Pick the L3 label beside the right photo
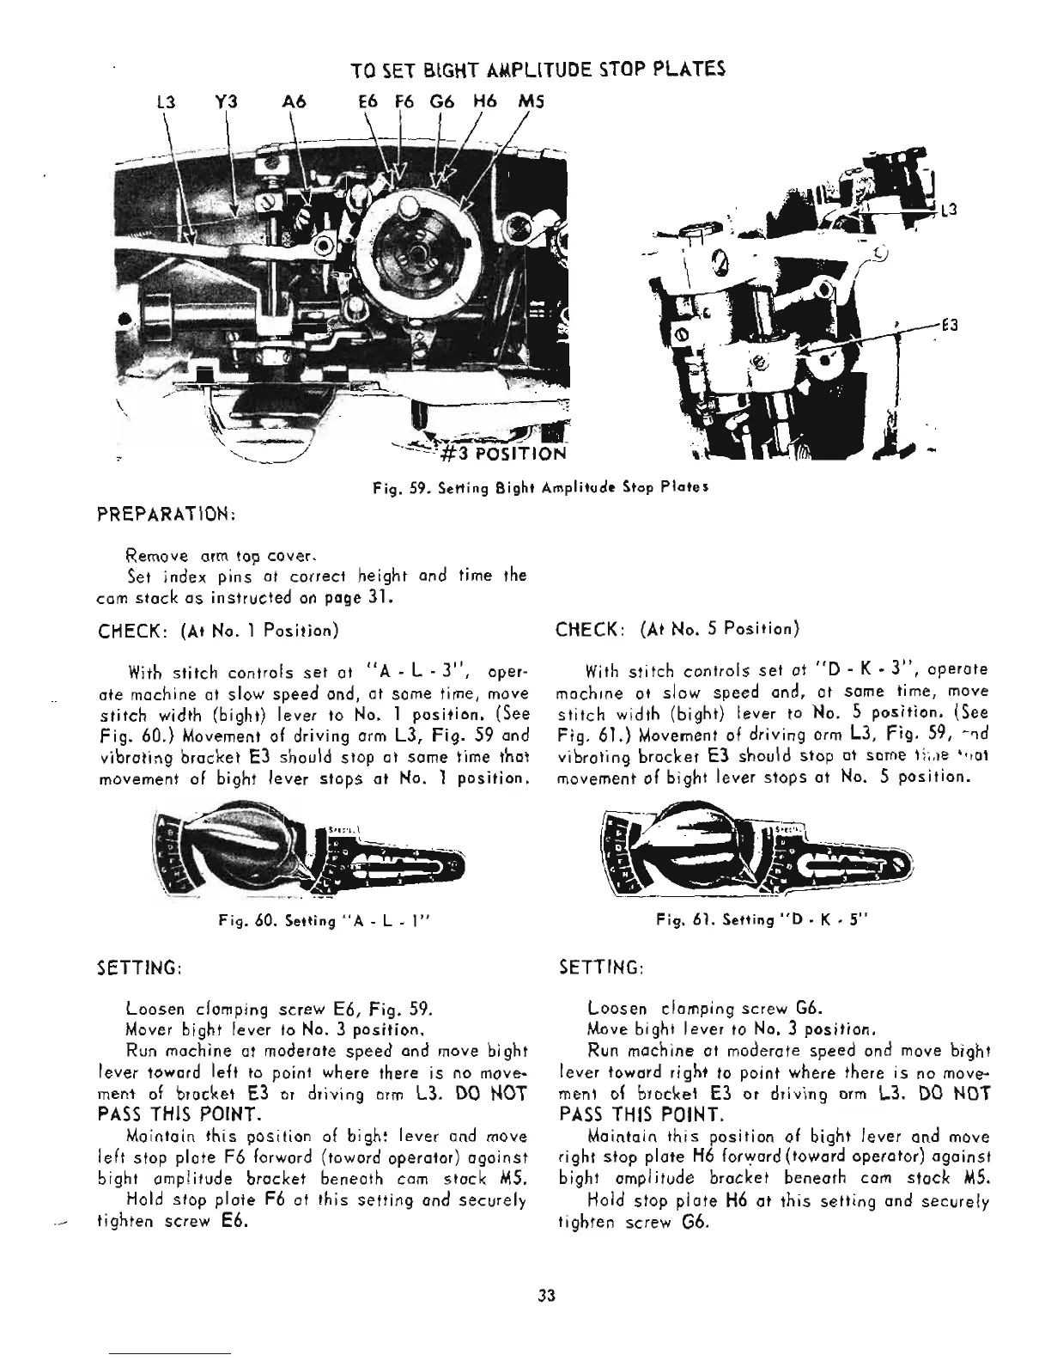click(x=945, y=210)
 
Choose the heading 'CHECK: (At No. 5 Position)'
click(x=677, y=631)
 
